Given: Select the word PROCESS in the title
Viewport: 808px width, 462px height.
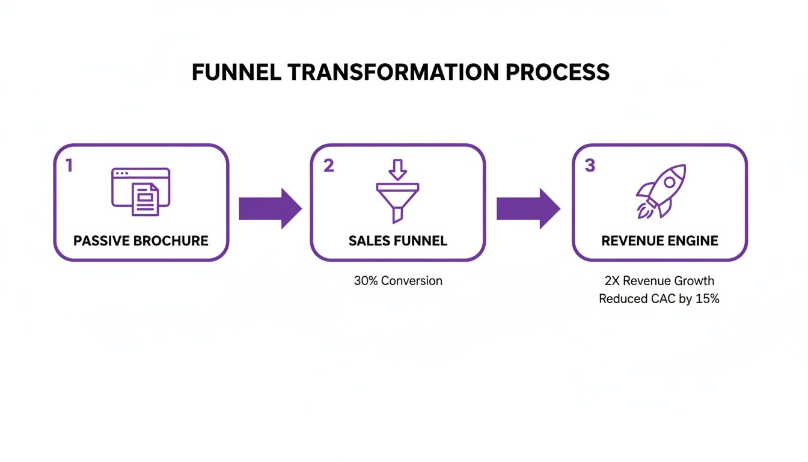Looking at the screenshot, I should [x=557, y=72].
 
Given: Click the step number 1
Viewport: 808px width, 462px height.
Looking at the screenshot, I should [x=69, y=165].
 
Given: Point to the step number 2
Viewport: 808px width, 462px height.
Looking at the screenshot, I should [x=328, y=165].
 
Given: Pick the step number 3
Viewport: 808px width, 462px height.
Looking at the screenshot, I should [x=590, y=165].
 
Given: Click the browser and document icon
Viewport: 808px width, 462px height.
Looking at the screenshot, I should [x=141, y=191].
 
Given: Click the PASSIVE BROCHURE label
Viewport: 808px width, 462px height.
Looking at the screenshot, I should [x=141, y=241].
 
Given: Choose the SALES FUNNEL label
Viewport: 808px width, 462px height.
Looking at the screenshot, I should [x=398, y=241].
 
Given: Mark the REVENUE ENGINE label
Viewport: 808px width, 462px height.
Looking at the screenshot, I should [x=660, y=241].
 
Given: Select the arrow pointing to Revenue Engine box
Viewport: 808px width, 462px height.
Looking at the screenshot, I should [x=528, y=208].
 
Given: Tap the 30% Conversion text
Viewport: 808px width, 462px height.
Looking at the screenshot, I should [x=398, y=281].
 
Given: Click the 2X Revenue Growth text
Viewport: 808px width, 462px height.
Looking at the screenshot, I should [x=660, y=281].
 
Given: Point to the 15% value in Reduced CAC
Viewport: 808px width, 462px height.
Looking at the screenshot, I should [x=707, y=299].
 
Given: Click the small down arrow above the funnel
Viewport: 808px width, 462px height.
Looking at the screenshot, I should [x=397, y=170].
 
